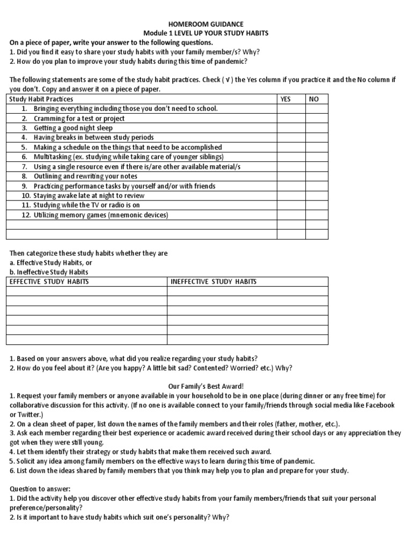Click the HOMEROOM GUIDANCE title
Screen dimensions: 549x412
tap(206, 24)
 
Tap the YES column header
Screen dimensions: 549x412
tap(285, 99)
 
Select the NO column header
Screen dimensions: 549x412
tap(314, 99)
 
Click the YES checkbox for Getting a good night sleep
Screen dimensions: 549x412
tap(291, 128)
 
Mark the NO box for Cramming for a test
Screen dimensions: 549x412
tap(317, 118)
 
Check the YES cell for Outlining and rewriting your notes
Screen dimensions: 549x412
tap(291, 176)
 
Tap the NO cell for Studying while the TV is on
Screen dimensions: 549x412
tap(317, 205)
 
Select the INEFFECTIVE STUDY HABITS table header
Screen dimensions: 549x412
tap(214, 281)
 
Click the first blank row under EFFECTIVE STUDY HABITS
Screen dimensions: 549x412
tap(86, 291)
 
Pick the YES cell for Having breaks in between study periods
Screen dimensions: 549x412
tap(291, 138)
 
